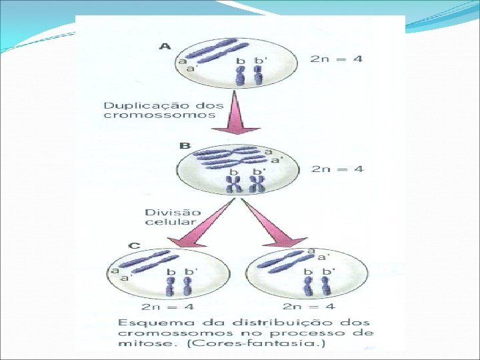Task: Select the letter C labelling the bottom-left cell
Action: tap(134, 245)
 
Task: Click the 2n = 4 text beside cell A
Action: tap(337, 59)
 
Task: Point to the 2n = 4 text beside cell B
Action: tap(337, 169)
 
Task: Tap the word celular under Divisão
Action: tap(170, 222)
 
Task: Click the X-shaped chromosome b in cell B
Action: tap(234, 185)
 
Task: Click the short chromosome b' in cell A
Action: tap(258, 74)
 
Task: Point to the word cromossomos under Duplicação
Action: tap(159, 115)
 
